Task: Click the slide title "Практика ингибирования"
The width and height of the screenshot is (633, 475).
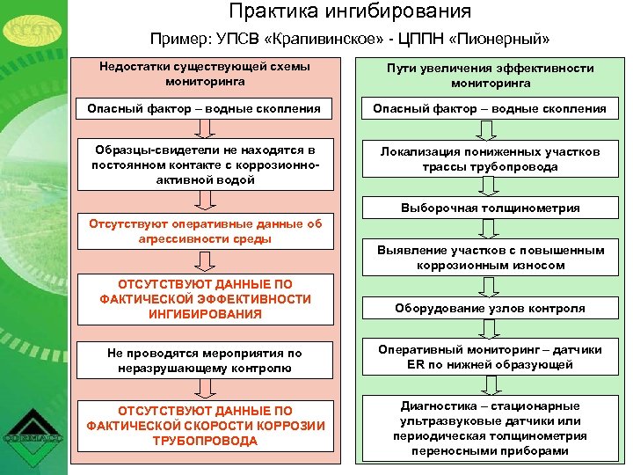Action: point(350,12)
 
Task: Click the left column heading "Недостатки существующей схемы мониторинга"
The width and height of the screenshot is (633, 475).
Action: point(205,74)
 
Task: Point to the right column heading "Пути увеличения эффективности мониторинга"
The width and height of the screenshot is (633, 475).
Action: point(490,75)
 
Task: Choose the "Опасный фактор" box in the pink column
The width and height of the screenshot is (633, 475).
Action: point(205,109)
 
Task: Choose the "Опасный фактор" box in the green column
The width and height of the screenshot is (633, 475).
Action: point(490,109)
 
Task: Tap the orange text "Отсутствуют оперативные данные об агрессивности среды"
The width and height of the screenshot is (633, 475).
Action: point(205,231)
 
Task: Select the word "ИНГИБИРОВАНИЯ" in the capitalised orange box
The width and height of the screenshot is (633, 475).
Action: point(205,314)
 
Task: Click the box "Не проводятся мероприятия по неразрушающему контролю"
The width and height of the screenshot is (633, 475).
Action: point(205,361)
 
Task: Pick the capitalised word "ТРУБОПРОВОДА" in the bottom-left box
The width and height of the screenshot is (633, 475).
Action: point(205,441)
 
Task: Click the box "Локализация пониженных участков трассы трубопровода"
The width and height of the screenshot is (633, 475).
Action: point(490,159)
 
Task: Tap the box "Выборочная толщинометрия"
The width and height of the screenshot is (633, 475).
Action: point(490,208)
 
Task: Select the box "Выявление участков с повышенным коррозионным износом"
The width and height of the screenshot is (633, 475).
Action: point(490,258)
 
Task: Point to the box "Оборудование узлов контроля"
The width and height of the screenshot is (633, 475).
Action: point(490,309)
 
